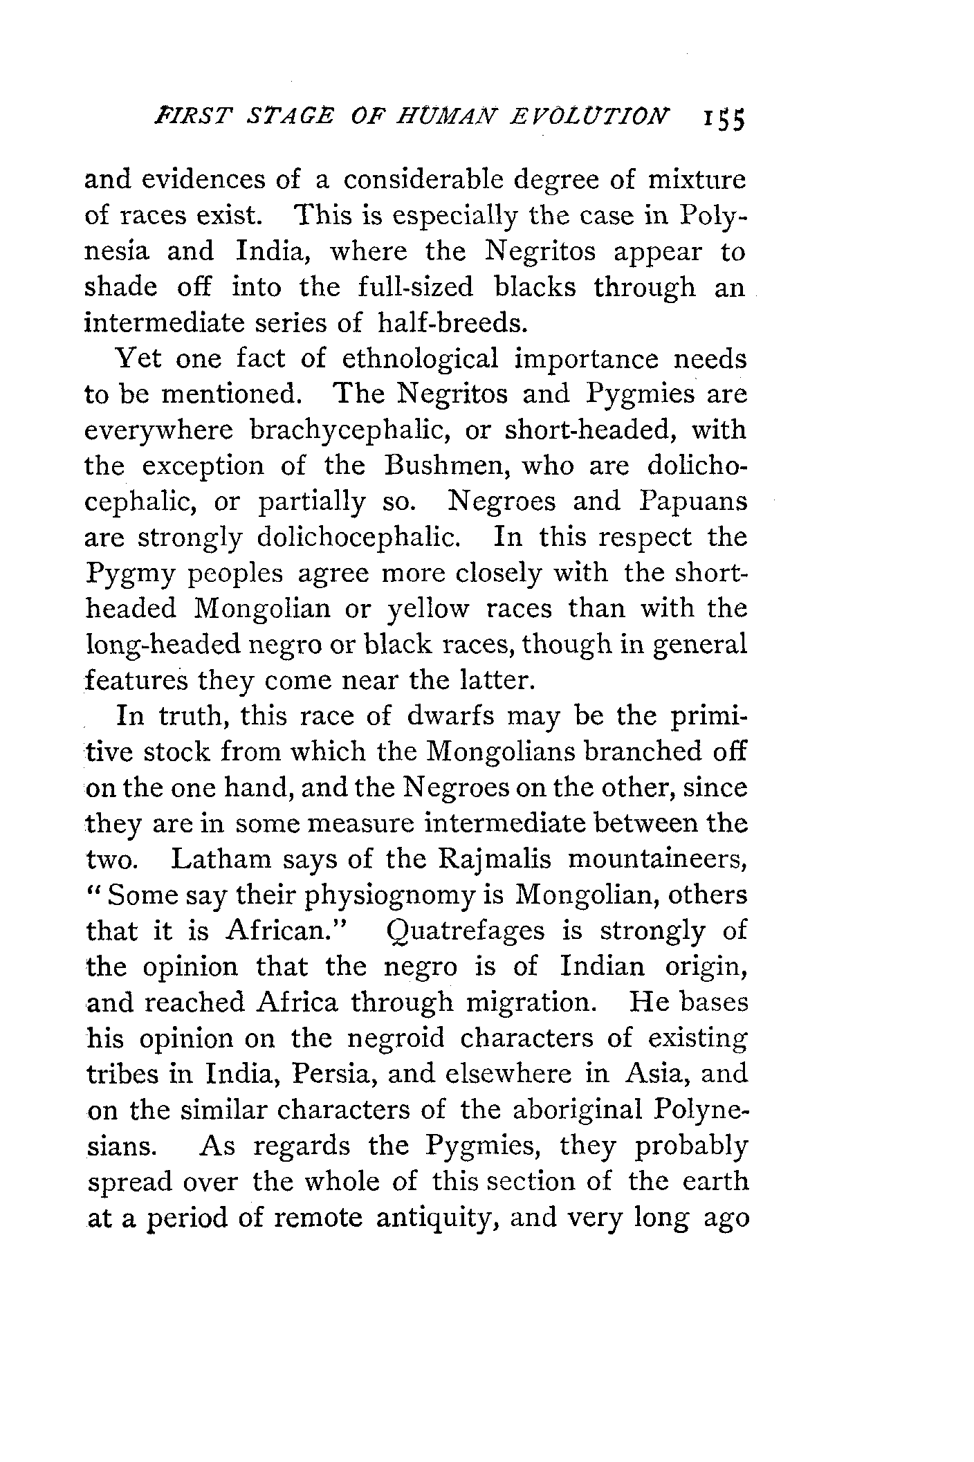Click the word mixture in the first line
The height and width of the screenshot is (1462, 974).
point(697,180)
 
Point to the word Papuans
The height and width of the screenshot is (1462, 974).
point(693,502)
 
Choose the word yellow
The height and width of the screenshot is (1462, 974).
point(429,609)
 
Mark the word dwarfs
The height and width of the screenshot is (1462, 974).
point(451,716)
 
